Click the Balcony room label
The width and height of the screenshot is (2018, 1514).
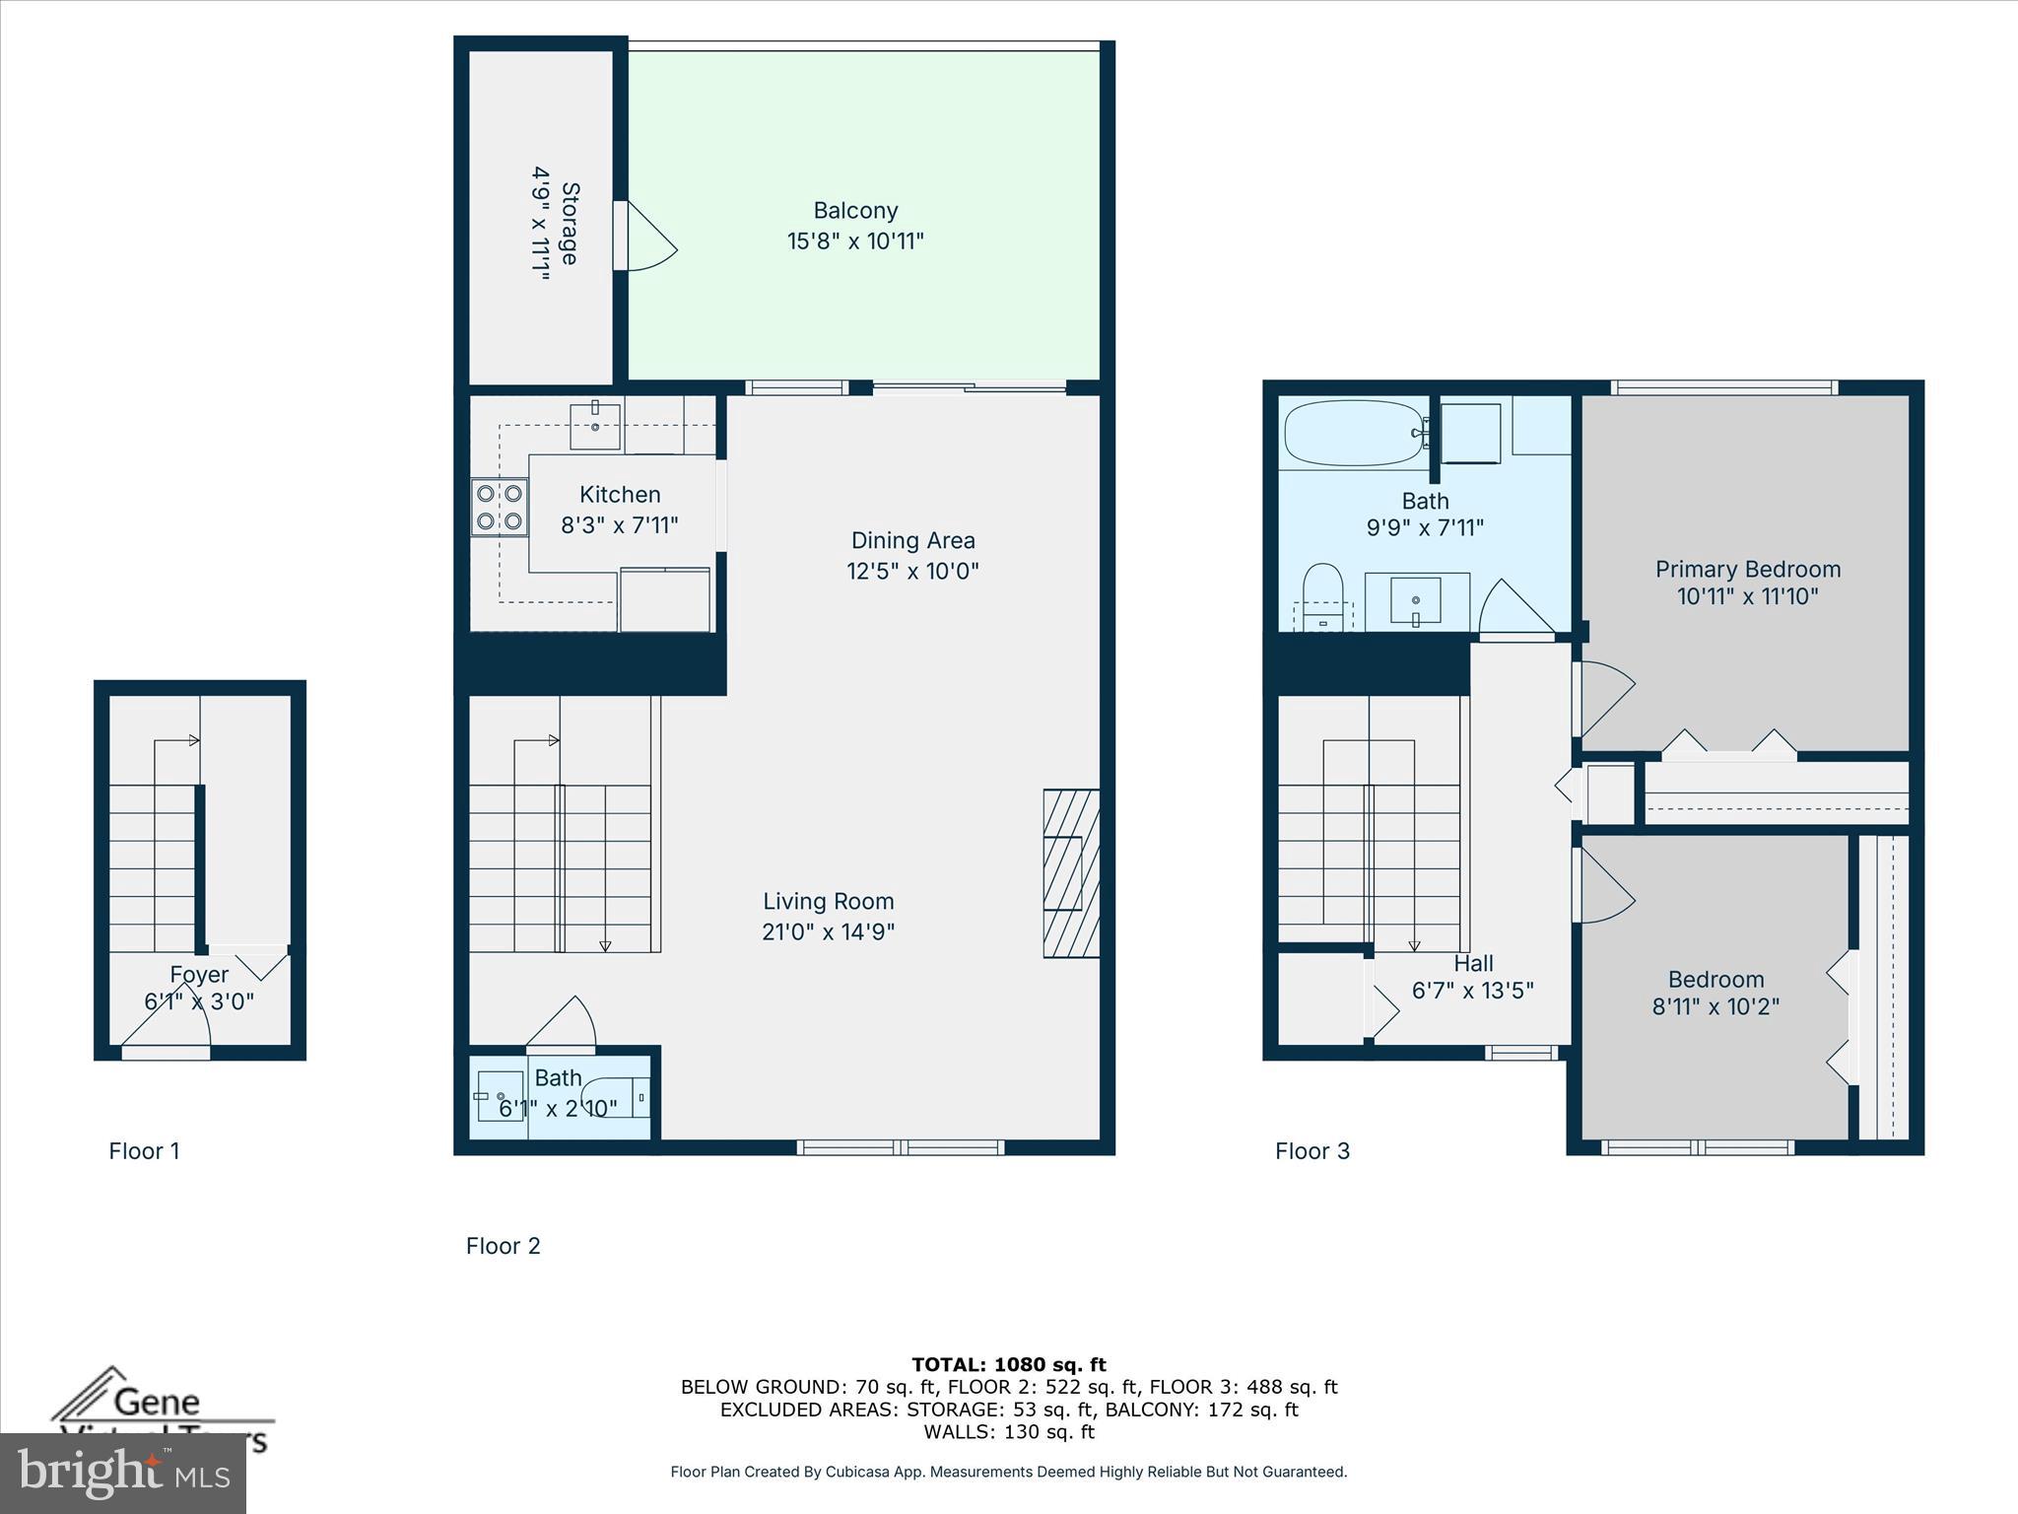tap(855, 211)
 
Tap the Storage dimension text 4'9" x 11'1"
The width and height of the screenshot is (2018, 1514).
tap(541, 225)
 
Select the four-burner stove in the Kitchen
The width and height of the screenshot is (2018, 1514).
tap(500, 507)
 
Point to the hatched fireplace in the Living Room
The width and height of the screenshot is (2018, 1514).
tap(1071, 872)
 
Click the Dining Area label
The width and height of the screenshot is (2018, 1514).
tap(912, 540)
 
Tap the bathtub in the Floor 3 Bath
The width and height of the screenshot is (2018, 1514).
tap(1352, 433)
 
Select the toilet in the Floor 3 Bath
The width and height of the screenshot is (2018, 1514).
tap(1322, 595)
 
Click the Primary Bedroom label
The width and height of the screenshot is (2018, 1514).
tap(1747, 570)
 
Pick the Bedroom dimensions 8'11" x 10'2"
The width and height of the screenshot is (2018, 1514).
tap(1715, 1006)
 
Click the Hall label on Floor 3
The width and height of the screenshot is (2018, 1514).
tap(1473, 963)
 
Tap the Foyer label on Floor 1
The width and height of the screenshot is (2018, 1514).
tap(199, 975)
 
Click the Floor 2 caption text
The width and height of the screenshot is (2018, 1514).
tap(504, 1246)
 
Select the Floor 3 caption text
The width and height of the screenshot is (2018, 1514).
tap(1312, 1151)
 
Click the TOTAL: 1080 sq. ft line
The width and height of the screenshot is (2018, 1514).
tap(1008, 1364)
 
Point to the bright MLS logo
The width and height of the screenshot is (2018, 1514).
tap(123, 1473)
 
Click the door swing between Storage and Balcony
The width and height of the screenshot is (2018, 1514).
tap(650, 237)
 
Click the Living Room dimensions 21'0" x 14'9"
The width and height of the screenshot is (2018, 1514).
tap(828, 931)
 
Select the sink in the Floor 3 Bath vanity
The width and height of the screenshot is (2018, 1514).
tap(1416, 600)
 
